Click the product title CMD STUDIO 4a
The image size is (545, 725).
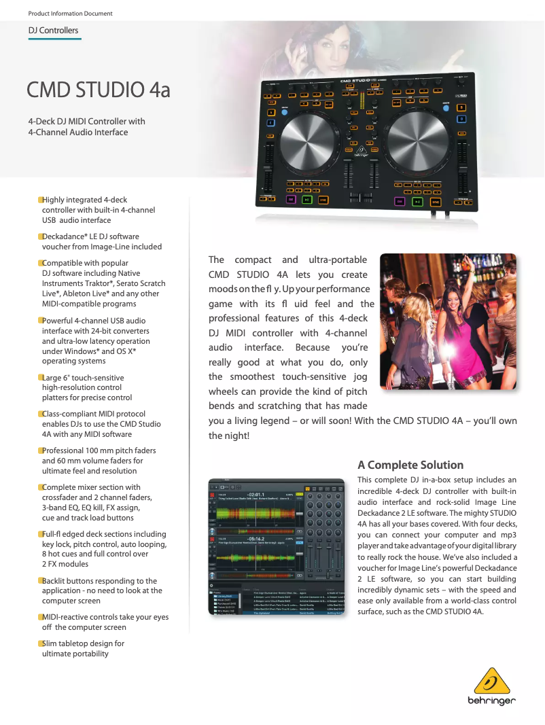[98, 90]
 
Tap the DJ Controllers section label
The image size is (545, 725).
[53, 31]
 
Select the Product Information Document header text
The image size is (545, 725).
[70, 14]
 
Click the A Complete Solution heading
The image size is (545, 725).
[410, 465]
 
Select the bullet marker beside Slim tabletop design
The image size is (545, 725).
[40, 643]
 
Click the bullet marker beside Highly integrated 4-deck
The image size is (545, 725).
[40, 200]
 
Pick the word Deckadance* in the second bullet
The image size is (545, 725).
[65, 236]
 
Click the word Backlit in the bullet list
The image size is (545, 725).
[54, 581]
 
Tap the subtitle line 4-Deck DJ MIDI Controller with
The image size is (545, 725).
[86, 122]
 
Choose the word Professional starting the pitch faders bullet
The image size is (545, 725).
[65, 450]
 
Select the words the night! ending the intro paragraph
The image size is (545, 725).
[229, 436]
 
